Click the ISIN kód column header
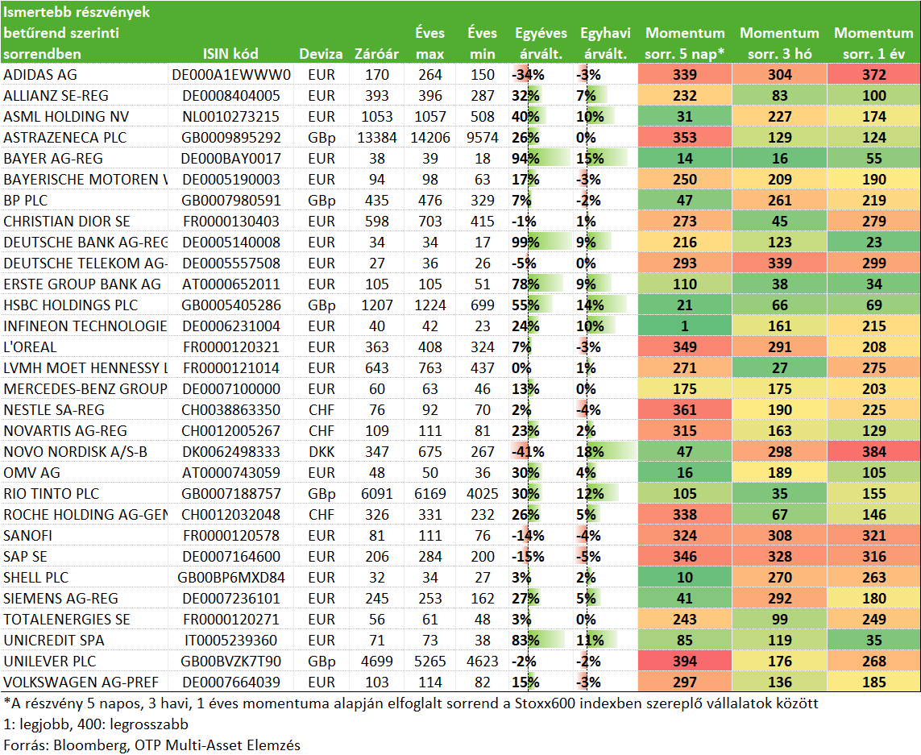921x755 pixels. (230, 54)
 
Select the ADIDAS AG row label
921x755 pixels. (40, 75)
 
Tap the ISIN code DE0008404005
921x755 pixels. (230, 96)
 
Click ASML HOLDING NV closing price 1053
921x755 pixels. (376, 117)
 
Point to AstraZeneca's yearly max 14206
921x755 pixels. (430, 138)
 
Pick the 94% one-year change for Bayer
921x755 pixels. (525, 159)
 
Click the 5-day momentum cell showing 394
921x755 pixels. (685, 662)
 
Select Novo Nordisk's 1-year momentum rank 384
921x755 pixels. (874, 452)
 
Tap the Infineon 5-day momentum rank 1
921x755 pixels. (685, 326)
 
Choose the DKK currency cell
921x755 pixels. (322, 452)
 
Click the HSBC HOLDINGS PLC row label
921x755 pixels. (70, 305)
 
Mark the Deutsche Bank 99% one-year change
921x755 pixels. (525, 243)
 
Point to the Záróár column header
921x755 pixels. (376, 54)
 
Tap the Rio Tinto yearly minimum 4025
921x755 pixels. (482, 494)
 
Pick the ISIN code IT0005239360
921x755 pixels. (230, 641)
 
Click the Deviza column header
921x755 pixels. (321, 54)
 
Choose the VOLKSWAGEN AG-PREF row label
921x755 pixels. (81, 682)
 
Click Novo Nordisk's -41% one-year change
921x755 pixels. (528, 452)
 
